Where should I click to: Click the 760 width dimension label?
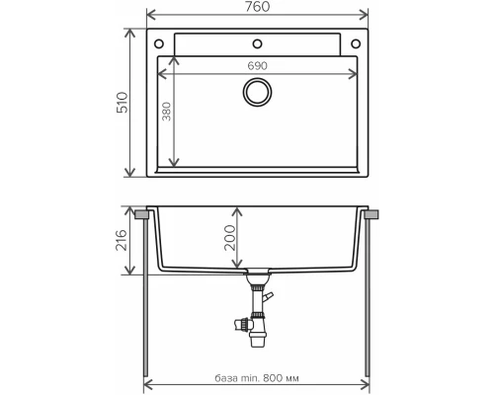point(257,8)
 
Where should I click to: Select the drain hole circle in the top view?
point(258,92)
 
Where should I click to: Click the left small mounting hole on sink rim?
point(160,42)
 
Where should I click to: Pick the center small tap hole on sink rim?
point(258,42)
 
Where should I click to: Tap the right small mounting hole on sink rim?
point(355,42)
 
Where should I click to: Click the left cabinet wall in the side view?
point(147,296)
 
